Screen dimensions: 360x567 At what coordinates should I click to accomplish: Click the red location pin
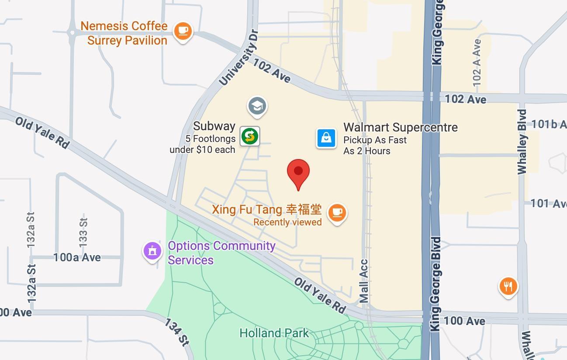298,172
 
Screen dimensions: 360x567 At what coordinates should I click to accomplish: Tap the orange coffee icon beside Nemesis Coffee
183,31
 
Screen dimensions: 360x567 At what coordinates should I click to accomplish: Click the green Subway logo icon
250,136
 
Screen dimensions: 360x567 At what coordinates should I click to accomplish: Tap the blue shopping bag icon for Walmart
326,138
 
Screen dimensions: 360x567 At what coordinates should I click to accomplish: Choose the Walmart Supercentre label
400,128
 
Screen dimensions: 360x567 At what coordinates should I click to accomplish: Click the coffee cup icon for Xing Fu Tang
337,213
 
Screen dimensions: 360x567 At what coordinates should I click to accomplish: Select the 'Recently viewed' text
287,222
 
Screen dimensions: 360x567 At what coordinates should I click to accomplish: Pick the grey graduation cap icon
257,106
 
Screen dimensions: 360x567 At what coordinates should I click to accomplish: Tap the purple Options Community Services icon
152,251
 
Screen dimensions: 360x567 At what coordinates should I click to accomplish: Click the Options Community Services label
221,253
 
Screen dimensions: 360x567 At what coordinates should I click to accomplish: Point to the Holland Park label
274,333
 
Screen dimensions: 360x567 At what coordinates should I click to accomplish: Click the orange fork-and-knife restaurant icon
508,287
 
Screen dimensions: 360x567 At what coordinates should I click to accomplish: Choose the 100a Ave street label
77,257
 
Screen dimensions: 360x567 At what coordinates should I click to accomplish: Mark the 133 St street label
83,231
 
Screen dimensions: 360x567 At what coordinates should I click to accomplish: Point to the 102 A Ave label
477,62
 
